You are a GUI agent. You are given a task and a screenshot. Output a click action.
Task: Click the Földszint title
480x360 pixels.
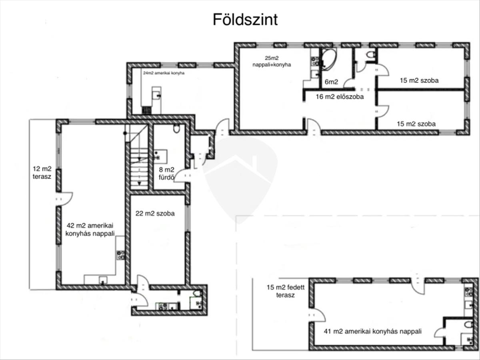tap(245, 20)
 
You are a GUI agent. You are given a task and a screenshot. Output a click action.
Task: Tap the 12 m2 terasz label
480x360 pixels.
tap(42, 173)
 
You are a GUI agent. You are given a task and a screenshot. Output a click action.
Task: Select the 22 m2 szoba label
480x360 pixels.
tap(155, 213)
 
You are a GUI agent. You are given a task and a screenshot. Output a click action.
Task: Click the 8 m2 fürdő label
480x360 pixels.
tap(167, 174)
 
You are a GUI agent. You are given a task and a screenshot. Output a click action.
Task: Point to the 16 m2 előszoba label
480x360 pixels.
tap(340, 97)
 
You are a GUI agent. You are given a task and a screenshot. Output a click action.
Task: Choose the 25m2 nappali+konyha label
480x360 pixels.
tap(272, 62)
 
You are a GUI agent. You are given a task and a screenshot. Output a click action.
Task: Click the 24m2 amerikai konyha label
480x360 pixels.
tap(164, 73)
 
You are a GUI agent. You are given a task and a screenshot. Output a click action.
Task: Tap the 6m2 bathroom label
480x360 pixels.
tap(331, 82)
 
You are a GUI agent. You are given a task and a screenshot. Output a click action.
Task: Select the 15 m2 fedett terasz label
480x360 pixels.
tap(285, 291)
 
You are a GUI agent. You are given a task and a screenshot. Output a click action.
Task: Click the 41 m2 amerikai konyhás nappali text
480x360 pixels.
tap(373, 331)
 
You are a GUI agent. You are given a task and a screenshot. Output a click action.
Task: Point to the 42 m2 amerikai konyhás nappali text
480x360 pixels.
tap(90, 230)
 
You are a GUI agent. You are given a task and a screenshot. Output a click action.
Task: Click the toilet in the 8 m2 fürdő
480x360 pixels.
tap(176, 129)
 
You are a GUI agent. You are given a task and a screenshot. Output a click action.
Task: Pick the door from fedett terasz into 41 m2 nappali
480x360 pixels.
tap(317, 315)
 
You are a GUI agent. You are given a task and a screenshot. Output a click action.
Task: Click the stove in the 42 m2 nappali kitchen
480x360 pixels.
tap(120, 255)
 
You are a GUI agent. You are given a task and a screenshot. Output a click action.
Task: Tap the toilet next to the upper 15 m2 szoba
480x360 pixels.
tap(371, 54)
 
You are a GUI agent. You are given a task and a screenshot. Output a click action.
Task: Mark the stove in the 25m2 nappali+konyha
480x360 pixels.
tap(315, 61)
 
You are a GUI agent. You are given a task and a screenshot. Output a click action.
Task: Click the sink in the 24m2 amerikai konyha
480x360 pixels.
tap(156, 95)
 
